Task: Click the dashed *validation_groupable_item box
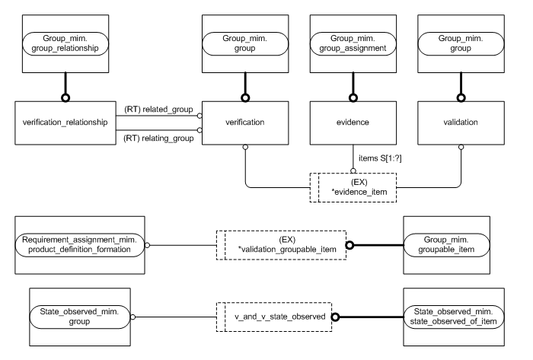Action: point(282,245)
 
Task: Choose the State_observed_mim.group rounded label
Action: point(78,315)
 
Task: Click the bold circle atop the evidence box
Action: point(353,97)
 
